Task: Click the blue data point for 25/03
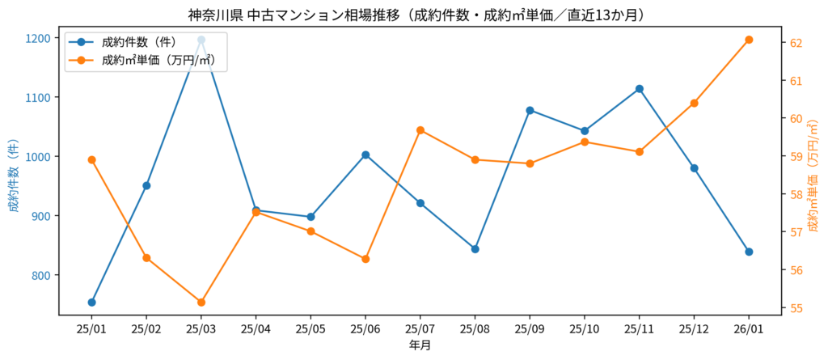point(201,40)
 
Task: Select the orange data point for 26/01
point(749,40)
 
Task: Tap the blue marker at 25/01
point(91,303)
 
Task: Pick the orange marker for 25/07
point(420,130)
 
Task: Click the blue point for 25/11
point(640,89)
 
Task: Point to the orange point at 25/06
point(365,259)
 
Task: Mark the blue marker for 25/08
point(475,249)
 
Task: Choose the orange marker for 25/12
point(694,104)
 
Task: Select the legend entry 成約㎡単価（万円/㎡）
point(158,60)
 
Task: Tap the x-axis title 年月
point(420,345)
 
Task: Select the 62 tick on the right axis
point(795,43)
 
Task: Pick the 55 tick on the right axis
point(795,308)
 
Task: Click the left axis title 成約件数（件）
point(13,176)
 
